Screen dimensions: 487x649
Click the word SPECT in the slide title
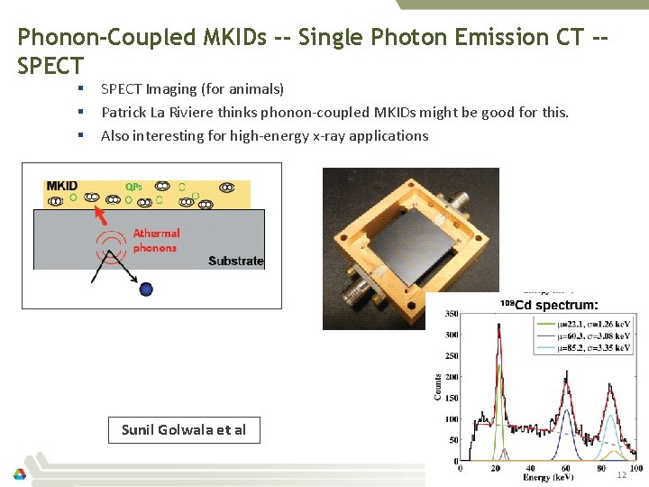click(x=50, y=66)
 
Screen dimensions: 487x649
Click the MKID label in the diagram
click(x=62, y=186)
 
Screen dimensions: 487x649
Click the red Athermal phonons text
click(x=156, y=240)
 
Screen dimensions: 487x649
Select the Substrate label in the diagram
click(x=235, y=261)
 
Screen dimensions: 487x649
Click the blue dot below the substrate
click(x=146, y=289)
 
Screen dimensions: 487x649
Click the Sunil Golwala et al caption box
click(x=184, y=430)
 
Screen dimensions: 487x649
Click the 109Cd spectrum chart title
click(x=548, y=304)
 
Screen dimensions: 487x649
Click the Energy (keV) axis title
click(x=540, y=478)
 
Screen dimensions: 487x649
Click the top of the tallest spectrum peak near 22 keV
click(x=498, y=326)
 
